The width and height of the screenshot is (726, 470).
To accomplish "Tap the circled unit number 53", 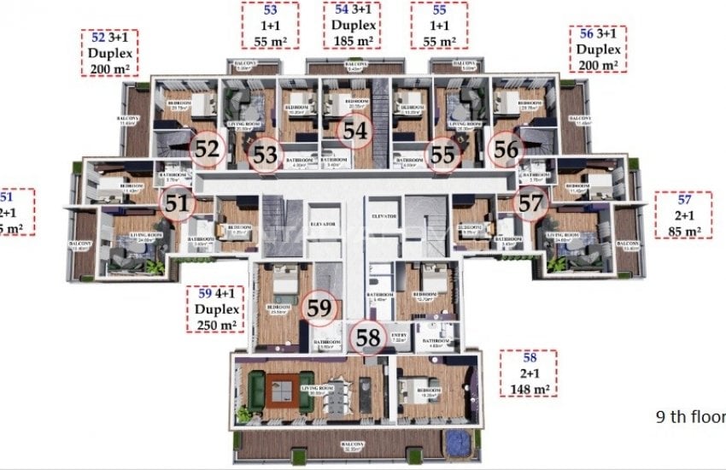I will pyautogui.click(x=267, y=155).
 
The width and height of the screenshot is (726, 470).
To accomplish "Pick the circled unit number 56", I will pyautogui.click(x=506, y=149).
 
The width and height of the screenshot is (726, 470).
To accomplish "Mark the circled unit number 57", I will pyautogui.click(x=530, y=203).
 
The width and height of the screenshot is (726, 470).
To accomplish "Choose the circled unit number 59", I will pyautogui.click(x=319, y=308).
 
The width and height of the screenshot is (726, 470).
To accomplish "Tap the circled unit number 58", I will pyautogui.click(x=368, y=337).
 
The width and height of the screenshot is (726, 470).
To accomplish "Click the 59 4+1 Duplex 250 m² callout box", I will pyautogui.click(x=215, y=308).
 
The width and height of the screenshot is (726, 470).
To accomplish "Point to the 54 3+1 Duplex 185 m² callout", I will pyautogui.click(x=353, y=25).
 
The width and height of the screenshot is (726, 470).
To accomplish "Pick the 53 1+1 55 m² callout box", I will pyautogui.click(x=270, y=25).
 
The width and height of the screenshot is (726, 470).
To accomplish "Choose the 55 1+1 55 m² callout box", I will pyautogui.click(x=439, y=25).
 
